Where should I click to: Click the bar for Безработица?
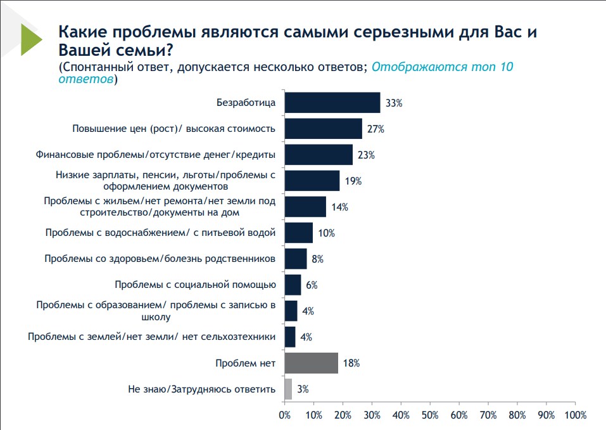[332, 103]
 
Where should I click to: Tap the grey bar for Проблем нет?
[312, 363]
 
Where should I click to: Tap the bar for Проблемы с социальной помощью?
[293, 285]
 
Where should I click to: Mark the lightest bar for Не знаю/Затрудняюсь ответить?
[288, 389]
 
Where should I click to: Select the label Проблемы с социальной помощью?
[195, 285]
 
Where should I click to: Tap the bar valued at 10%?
[299, 233]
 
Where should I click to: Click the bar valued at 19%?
[312, 181]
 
